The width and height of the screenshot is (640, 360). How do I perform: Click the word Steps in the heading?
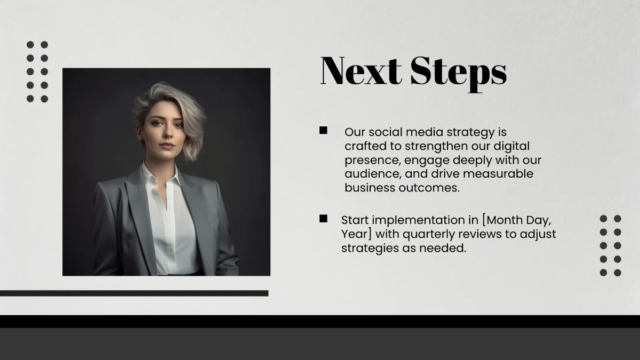click(458, 72)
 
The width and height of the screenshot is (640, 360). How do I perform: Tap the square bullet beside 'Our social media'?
click(323, 131)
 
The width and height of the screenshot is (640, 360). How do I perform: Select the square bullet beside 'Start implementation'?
click(323, 218)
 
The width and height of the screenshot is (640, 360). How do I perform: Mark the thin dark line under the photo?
click(134, 293)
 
